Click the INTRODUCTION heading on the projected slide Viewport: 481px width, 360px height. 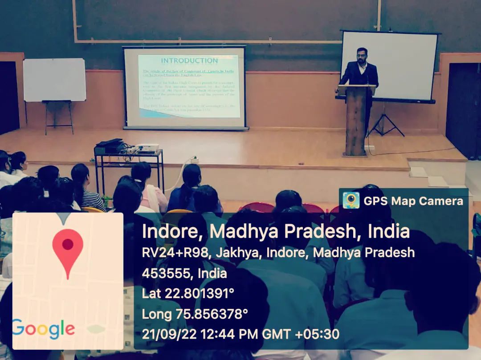tap(189, 61)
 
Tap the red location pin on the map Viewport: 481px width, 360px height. tap(68, 249)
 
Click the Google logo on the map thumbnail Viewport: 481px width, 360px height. tap(43, 329)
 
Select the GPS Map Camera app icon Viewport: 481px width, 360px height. tap(351, 201)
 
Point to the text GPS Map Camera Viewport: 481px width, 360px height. tap(413, 201)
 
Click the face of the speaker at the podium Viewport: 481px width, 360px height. tap(362, 56)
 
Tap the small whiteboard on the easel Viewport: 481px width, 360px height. tap(54, 80)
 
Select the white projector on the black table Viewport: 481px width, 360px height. tap(147, 147)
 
